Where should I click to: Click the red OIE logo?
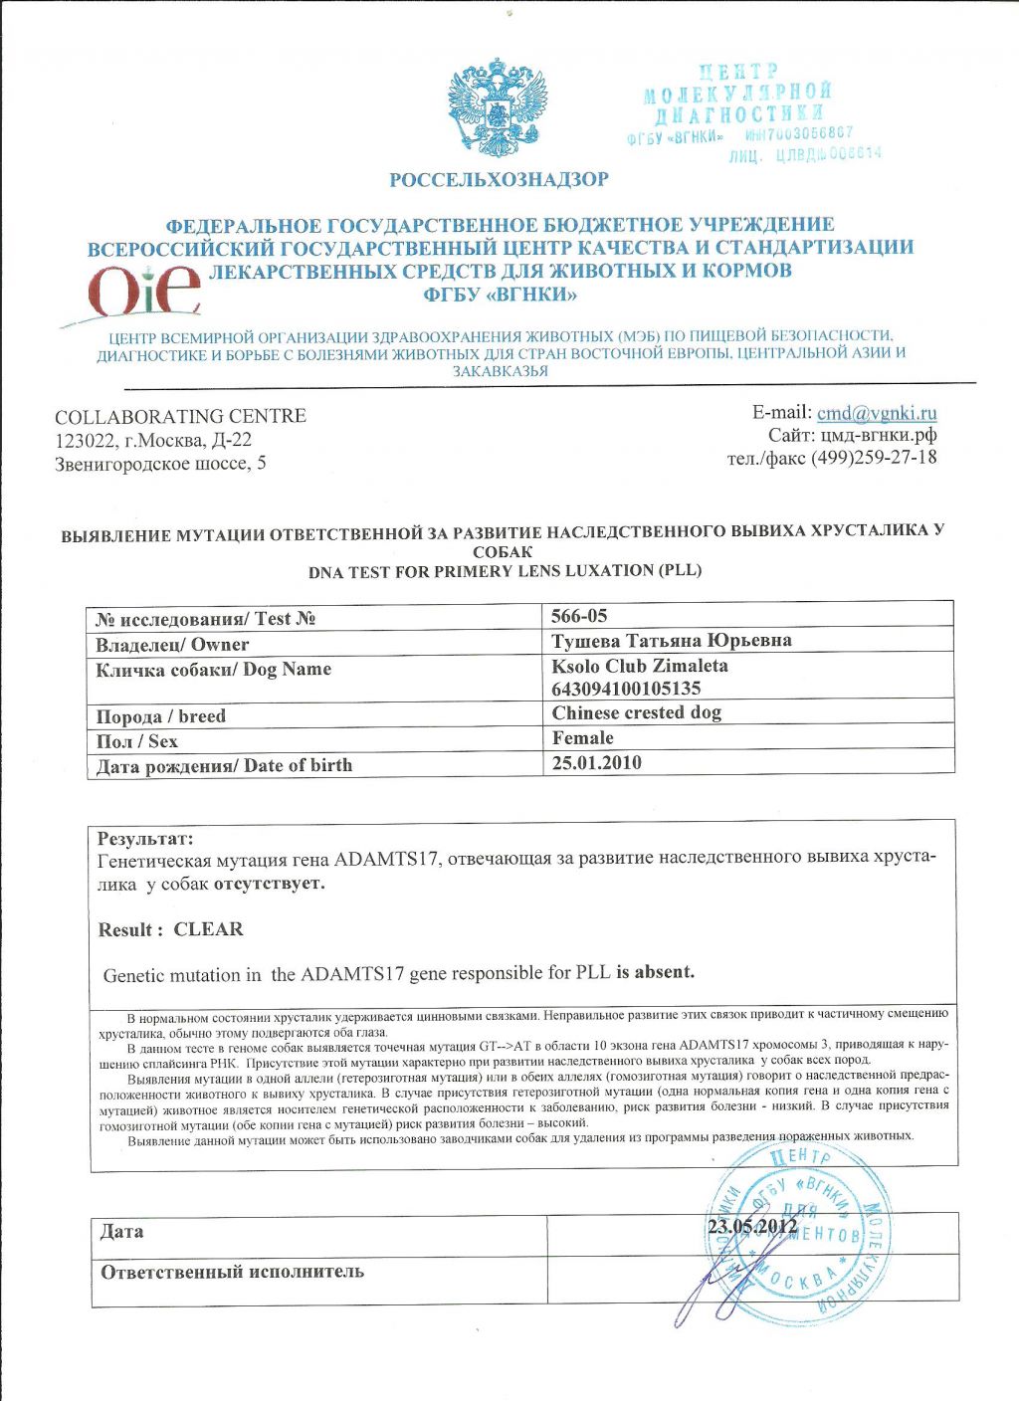click(x=145, y=289)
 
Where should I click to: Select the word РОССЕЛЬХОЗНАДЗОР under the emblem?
click(x=499, y=180)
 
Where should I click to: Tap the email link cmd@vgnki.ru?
click(x=877, y=413)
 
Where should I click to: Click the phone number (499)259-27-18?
click(x=874, y=458)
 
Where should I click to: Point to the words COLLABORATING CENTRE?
click(x=180, y=416)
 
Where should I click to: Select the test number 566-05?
click(x=579, y=616)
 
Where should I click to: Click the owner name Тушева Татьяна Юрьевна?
click(x=672, y=640)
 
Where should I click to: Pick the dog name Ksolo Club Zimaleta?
click(x=640, y=666)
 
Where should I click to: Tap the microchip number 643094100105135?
click(x=626, y=689)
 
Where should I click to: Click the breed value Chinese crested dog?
click(x=637, y=712)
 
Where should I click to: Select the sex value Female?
click(x=583, y=738)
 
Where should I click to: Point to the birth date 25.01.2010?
click(x=597, y=763)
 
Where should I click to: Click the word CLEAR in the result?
click(x=208, y=929)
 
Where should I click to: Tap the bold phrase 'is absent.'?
click(x=655, y=972)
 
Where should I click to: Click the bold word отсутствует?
click(x=269, y=883)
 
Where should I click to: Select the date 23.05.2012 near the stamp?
click(x=752, y=1226)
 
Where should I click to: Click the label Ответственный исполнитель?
click(x=232, y=1272)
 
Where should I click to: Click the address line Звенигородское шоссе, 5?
click(x=160, y=463)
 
